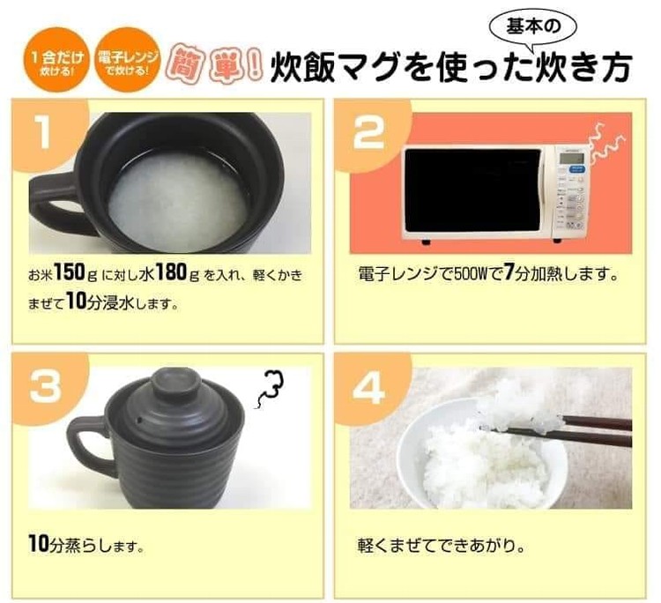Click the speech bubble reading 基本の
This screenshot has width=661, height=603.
click(533, 28)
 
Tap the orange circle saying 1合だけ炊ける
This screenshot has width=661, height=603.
click(57, 59)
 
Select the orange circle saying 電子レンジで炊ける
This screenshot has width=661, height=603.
click(128, 59)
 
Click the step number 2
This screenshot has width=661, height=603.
click(368, 132)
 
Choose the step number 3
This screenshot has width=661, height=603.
click(46, 386)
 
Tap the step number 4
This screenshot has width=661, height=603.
click(369, 386)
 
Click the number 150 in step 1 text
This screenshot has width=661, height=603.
click(69, 272)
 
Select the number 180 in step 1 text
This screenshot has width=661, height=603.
click(170, 272)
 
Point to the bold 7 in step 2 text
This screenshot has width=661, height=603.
click(509, 272)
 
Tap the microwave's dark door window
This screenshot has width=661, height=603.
click(472, 190)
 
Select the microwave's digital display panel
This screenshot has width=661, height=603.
click(572, 159)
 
